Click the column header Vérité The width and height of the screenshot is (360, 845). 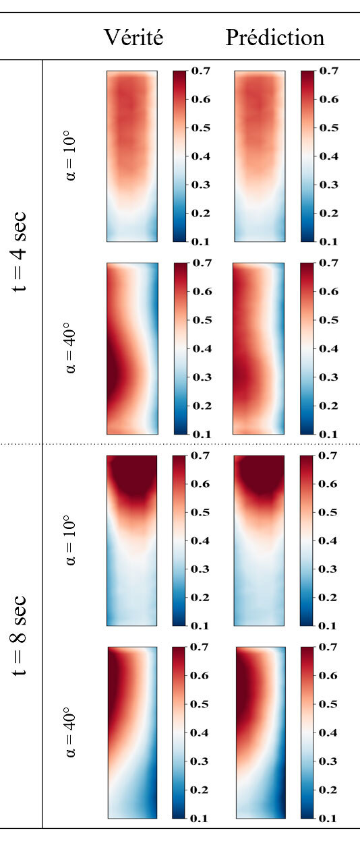pyautogui.click(x=133, y=38)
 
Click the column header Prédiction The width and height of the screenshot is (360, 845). pyautogui.click(x=275, y=38)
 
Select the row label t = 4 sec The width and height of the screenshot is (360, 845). pyautogui.click(x=21, y=252)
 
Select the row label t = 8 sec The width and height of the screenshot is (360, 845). pyautogui.click(x=21, y=637)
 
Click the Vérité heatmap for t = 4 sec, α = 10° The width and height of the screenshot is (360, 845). pyautogui.click(x=131, y=156)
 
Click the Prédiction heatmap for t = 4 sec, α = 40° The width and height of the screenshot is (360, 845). pyautogui.click(x=258, y=348)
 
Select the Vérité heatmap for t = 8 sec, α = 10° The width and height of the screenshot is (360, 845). pyautogui.click(x=131, y=540)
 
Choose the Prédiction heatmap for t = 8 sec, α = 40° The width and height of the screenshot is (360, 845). pyautogui.click(x=260, y=732)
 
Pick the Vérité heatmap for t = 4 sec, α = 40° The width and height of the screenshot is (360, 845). pyautogui.click(x=131, y=348)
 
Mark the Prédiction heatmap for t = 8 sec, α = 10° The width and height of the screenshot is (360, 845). pyautogui.click(x=260, y=540)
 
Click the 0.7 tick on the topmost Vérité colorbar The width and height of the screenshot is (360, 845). pyautogui.click(x=202, y=71)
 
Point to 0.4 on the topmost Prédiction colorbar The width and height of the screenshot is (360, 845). pyautogui.click(x=329, y=156)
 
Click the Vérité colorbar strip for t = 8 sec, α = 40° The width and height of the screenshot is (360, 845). pyautogui.click(x=179, y=732)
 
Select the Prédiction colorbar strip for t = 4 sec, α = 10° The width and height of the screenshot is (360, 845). pyautogui.click(x=307, y=156)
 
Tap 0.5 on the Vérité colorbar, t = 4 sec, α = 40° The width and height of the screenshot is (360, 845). pyautogui.click(x=202, y=321)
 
